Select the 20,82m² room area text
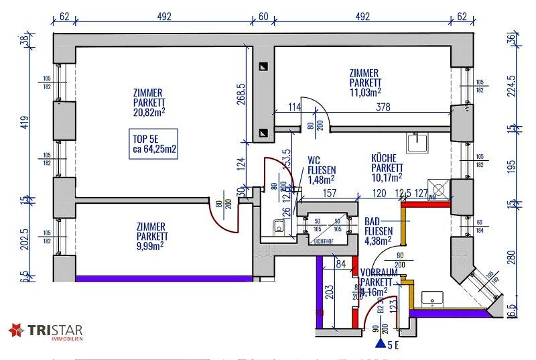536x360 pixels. (149, 113)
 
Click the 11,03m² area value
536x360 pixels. (365, 92)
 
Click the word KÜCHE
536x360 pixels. (385, 158)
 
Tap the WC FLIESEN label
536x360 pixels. (322, 170)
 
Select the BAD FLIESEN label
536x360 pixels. (377, 227)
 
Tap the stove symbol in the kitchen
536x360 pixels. (439, 188)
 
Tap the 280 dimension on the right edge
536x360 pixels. (512, 257)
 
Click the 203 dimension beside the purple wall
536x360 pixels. (329, 293)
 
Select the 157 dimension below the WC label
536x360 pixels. (328, 194)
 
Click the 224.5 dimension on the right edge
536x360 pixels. (512, 86)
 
